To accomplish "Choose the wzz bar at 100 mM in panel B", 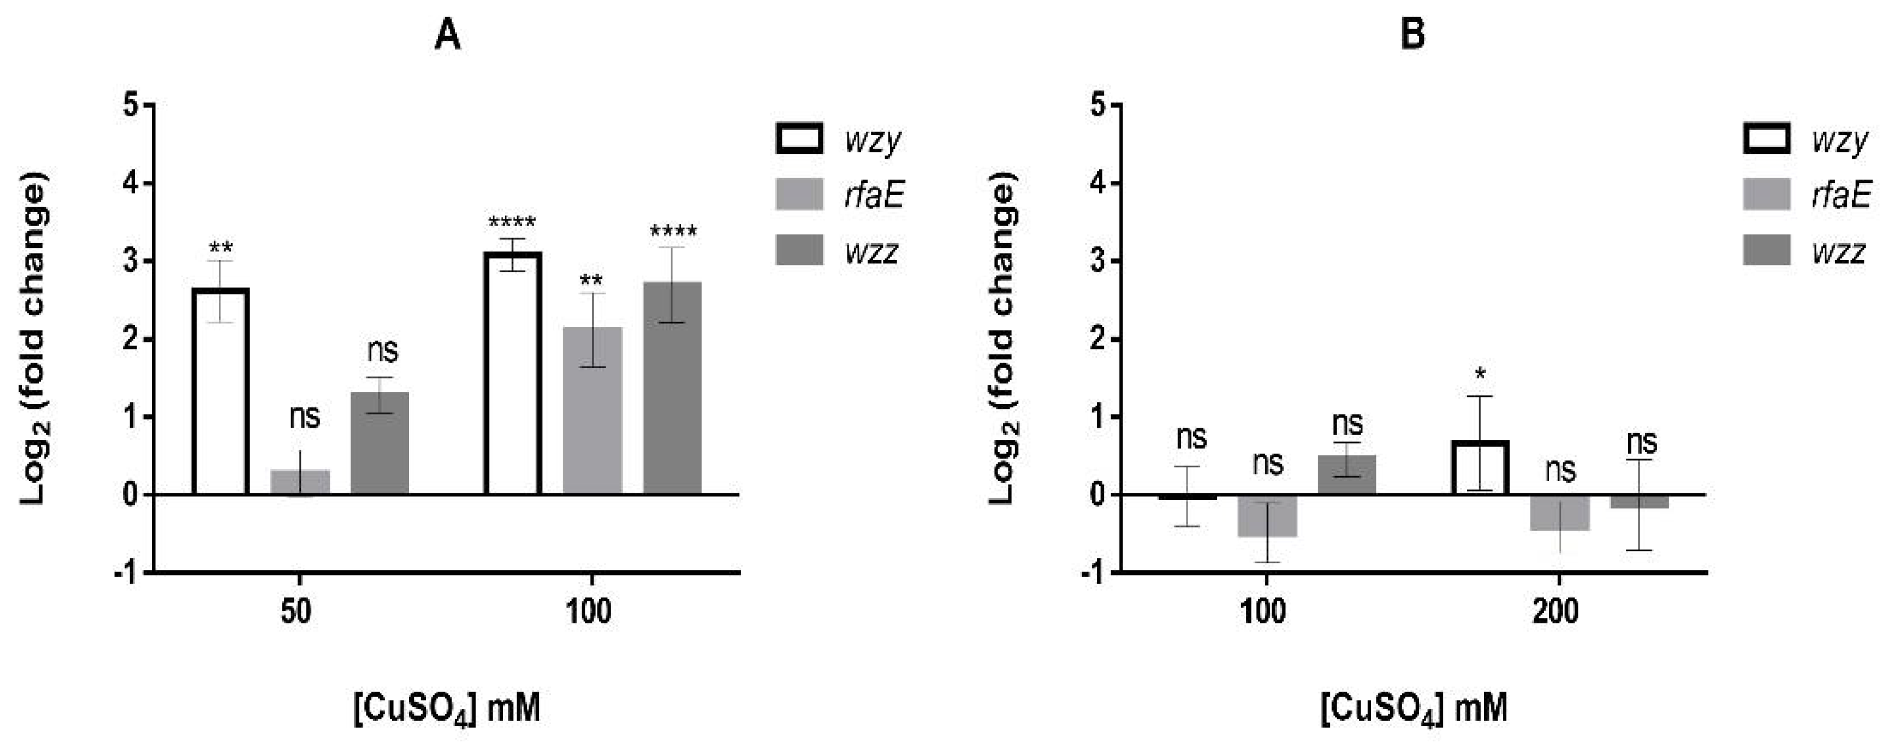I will [x=1346, y=476].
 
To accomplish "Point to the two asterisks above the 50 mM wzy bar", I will [x=220, y=247].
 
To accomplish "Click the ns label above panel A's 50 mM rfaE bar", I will [x=305, y=418].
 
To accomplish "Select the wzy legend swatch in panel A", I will [x=799, y=138].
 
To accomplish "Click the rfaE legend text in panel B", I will [x=1841, y=195].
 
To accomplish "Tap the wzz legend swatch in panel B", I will [x=1766, y=251].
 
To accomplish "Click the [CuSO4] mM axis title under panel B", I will [x=1414, y=709].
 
